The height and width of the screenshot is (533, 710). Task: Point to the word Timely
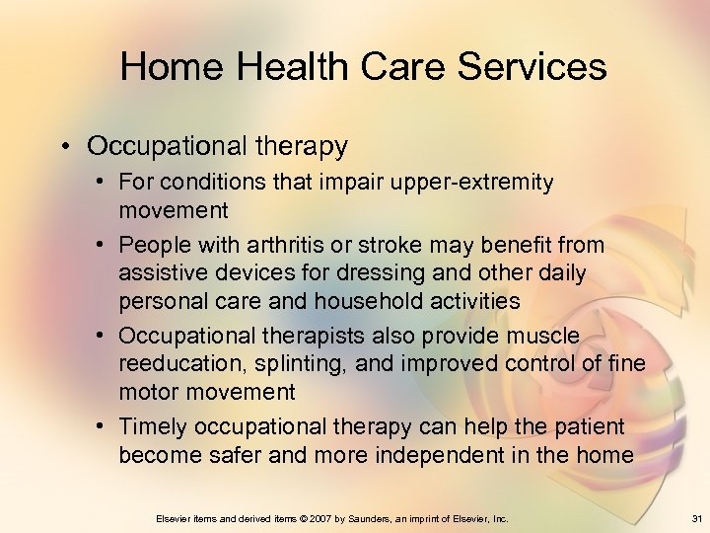pos(153,426)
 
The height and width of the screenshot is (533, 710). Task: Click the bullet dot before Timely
pos(104,426)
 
